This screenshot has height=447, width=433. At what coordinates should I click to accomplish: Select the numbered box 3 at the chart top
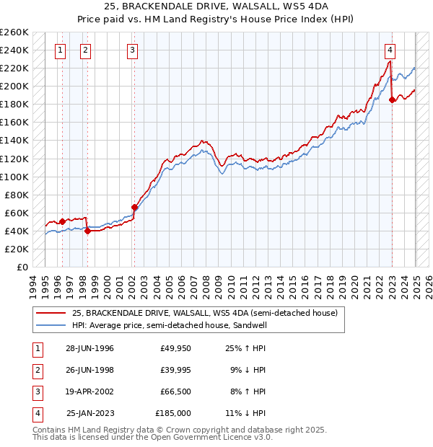tap(134, 50)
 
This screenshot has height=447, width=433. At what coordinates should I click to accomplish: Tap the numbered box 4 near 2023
tap(390, 50)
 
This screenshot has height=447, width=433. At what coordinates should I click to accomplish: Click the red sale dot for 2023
tap(392, 99)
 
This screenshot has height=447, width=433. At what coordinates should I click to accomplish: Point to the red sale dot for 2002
tap(134, 207)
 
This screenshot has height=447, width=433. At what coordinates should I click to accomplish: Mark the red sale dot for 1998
tap(88, 231)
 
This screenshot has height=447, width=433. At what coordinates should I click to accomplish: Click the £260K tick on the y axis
tap(14, 32)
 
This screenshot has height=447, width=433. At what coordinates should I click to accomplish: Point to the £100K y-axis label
tap(14, 177)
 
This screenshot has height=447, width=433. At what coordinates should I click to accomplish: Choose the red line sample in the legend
tap(51, 313)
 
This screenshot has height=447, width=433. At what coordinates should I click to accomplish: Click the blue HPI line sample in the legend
tap(51, 325)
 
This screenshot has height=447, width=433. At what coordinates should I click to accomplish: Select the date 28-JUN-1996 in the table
tap(89, 349)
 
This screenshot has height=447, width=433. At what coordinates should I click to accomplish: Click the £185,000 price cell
tap(173, 414)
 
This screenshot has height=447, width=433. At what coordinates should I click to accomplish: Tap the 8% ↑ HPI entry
tap(248, 392)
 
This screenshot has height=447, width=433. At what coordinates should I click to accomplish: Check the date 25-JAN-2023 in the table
tap(90, 414)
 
